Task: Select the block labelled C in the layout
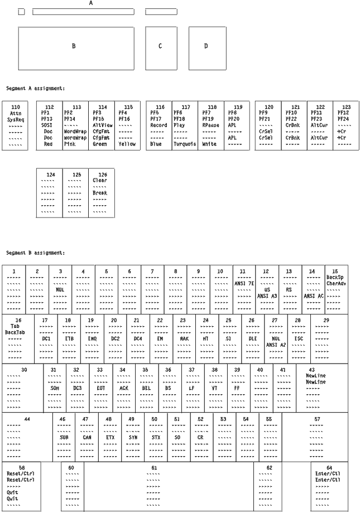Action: (160, 46)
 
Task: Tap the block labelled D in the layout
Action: (206, 46)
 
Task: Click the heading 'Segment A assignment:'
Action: (36, 88)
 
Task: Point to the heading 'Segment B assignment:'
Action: (36, 253)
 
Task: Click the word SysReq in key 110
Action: (16, 119)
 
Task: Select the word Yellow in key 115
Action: (127, 144)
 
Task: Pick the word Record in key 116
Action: (159, 125)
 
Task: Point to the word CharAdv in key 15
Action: (336, 283)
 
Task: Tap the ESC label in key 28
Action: (299, 338)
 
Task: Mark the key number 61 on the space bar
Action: (154, 467)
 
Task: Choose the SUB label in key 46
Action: (64, 437)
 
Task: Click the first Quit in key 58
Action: (13, 492)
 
